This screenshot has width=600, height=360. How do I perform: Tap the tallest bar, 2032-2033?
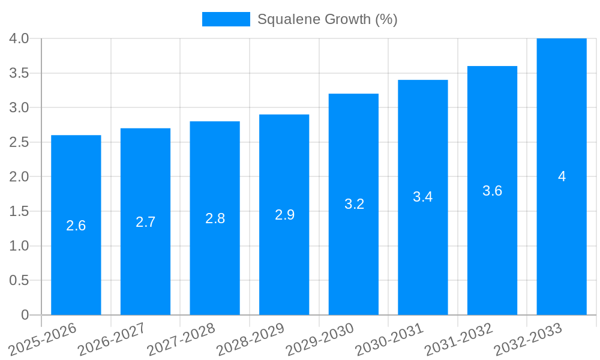point(562,240)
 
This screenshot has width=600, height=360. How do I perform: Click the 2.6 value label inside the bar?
point(76,226)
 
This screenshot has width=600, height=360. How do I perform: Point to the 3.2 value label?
point(354,204)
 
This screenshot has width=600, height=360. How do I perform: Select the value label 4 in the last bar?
point(562,176)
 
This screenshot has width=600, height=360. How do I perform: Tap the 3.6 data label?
point(492,191)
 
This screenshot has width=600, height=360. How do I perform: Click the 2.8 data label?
point(215,218)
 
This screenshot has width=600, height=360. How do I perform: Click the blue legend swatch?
point(226,19)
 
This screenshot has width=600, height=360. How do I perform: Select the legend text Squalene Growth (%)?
point(327,19)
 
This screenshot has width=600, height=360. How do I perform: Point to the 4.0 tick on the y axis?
point(19,39)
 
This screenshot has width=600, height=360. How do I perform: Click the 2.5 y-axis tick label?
point(19,143)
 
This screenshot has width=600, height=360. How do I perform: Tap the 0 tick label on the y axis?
point(25,315)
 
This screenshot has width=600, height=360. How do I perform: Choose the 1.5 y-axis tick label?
point(19,212)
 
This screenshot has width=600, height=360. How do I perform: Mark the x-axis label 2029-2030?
point(320,340)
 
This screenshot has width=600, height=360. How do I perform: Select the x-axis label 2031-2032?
point(459,340)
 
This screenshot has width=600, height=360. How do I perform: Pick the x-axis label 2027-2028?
point(181,340)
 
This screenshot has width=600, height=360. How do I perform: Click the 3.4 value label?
point(423,197)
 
